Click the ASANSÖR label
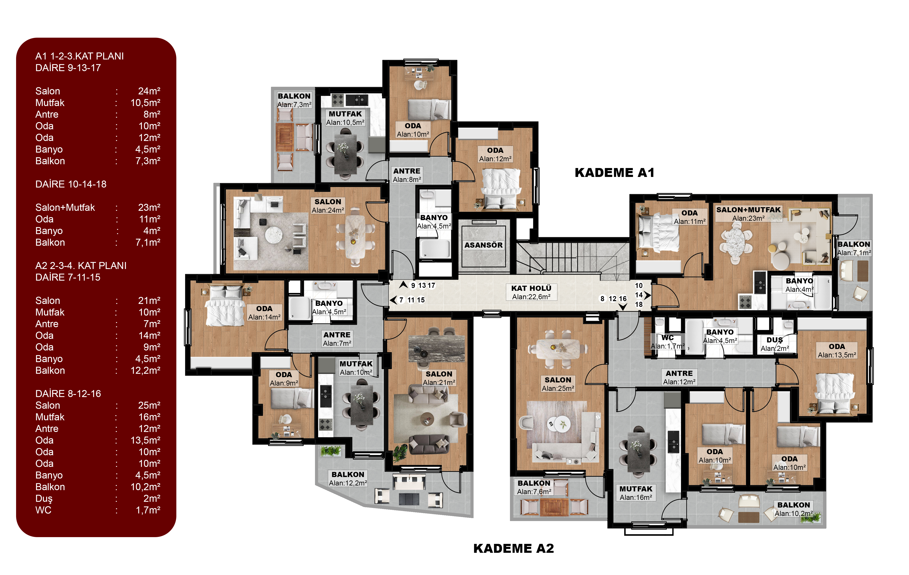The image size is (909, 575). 483,245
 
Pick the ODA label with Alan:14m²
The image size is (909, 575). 264,309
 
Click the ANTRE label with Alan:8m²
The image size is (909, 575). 407,171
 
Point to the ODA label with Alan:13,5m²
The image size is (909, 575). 837,346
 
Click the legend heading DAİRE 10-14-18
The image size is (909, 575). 71,184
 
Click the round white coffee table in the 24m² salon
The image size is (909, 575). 274,235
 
